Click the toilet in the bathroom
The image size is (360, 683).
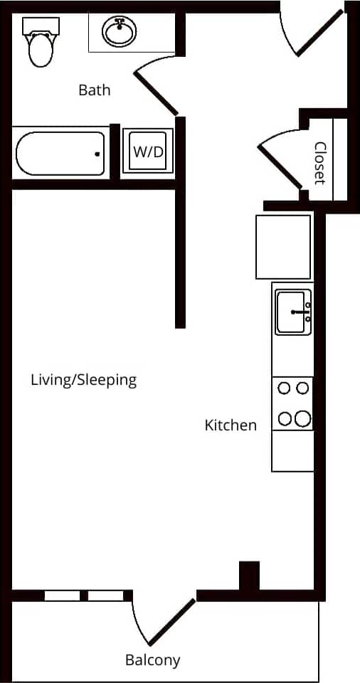[40, 44]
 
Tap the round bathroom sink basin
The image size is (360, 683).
[119, 32]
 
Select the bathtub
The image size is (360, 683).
[60, 153]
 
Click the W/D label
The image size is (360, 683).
[147, 151]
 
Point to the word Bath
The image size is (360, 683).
[94, 90]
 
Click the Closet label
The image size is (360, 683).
[320, 162]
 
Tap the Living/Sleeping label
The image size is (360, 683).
[83, 380]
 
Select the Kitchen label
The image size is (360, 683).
[231, 425]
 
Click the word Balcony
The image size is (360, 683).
[152, 660]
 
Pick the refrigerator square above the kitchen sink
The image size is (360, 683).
[283, 247]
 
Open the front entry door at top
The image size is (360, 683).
[319, 31]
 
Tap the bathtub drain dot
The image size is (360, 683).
[97, 154]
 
